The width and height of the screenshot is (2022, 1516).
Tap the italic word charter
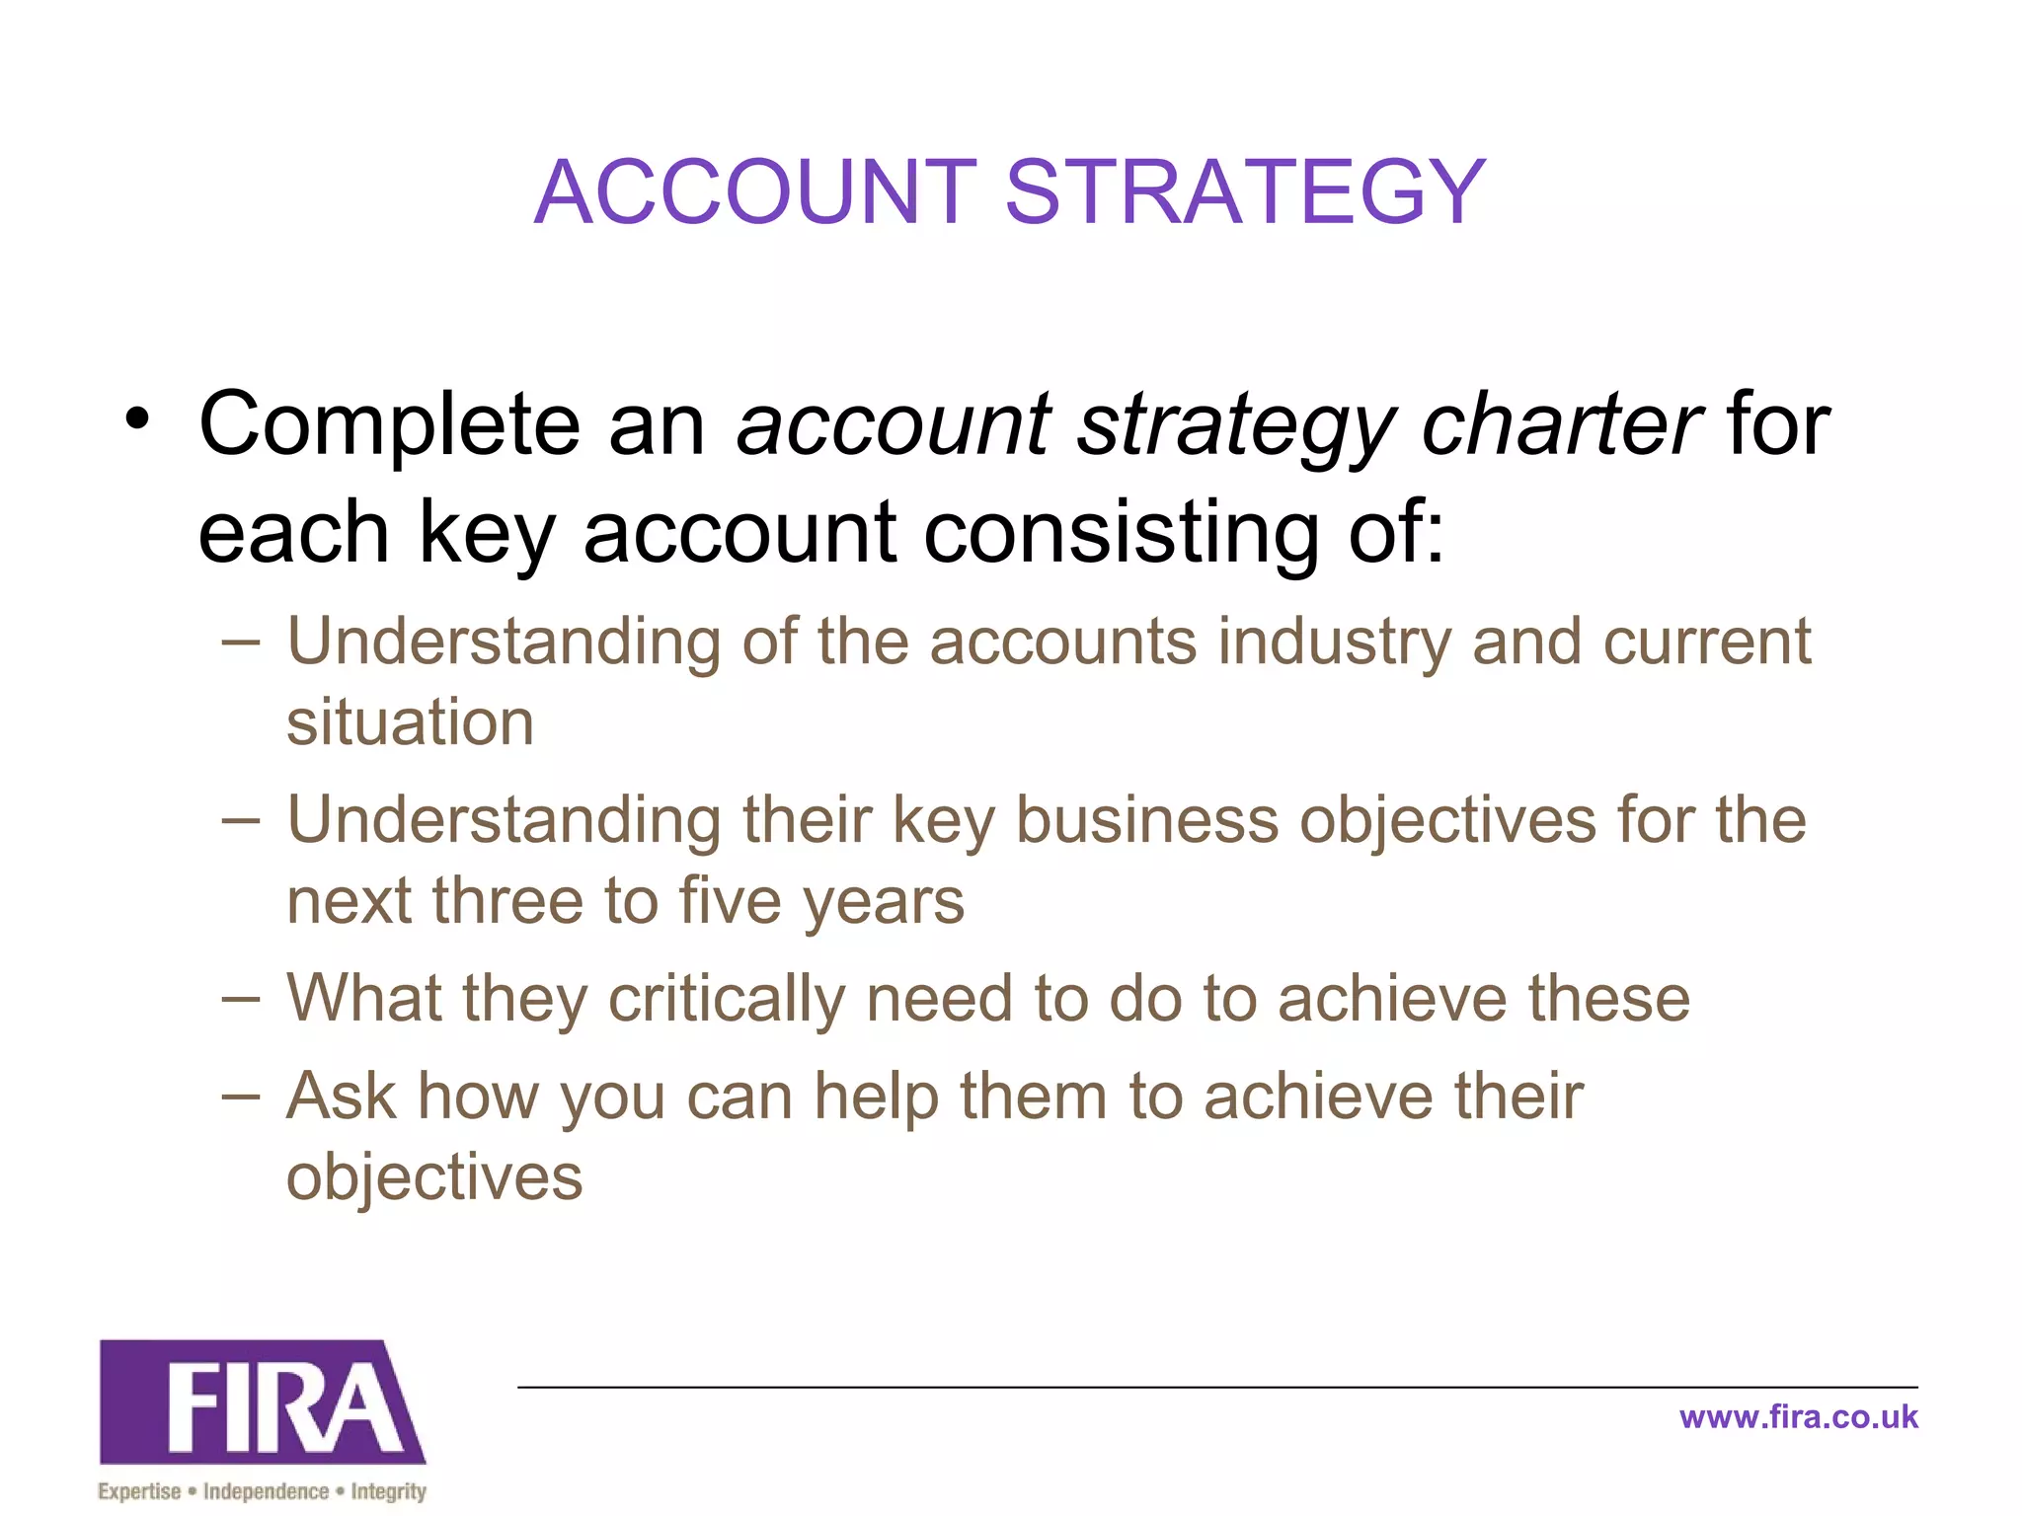[x=1561, y=424]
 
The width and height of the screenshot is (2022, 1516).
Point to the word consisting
[x=1122, y=534]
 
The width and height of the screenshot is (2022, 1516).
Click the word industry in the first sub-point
[x=1334, y=643]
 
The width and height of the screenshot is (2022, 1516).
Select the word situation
[x=410, y=721]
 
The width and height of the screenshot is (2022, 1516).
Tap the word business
[x=1146, y=821]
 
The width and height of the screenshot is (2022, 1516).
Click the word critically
[x=727, y=999]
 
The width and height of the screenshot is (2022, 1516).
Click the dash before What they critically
[x=241, y=999]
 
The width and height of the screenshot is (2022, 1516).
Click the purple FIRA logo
[x=263, y=1402]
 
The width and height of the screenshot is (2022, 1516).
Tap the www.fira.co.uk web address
[x=1798, y=1417]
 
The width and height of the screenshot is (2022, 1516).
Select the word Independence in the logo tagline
[x=266, y=1491]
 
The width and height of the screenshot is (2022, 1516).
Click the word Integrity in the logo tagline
[x=388, y=1491]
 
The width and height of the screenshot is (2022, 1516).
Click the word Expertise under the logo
[x=139, y=1491]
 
